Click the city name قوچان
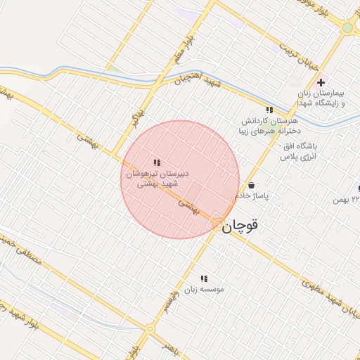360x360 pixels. (x=240, y=226)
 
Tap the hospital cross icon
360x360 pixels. (x=321, y=83)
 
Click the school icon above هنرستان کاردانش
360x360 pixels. (x=269, y=110)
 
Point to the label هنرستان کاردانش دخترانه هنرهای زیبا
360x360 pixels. (x=269, y=126)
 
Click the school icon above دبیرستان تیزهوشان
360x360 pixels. (x=156, y=162)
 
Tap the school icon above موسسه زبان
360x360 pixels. (x=205, y=278)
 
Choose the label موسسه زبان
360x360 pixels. (x=204, y=289)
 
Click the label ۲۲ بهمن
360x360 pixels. (x=347, y=201)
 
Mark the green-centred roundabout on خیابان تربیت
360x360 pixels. (x=347, y=27)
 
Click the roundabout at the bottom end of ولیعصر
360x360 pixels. (x=149, y=329)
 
